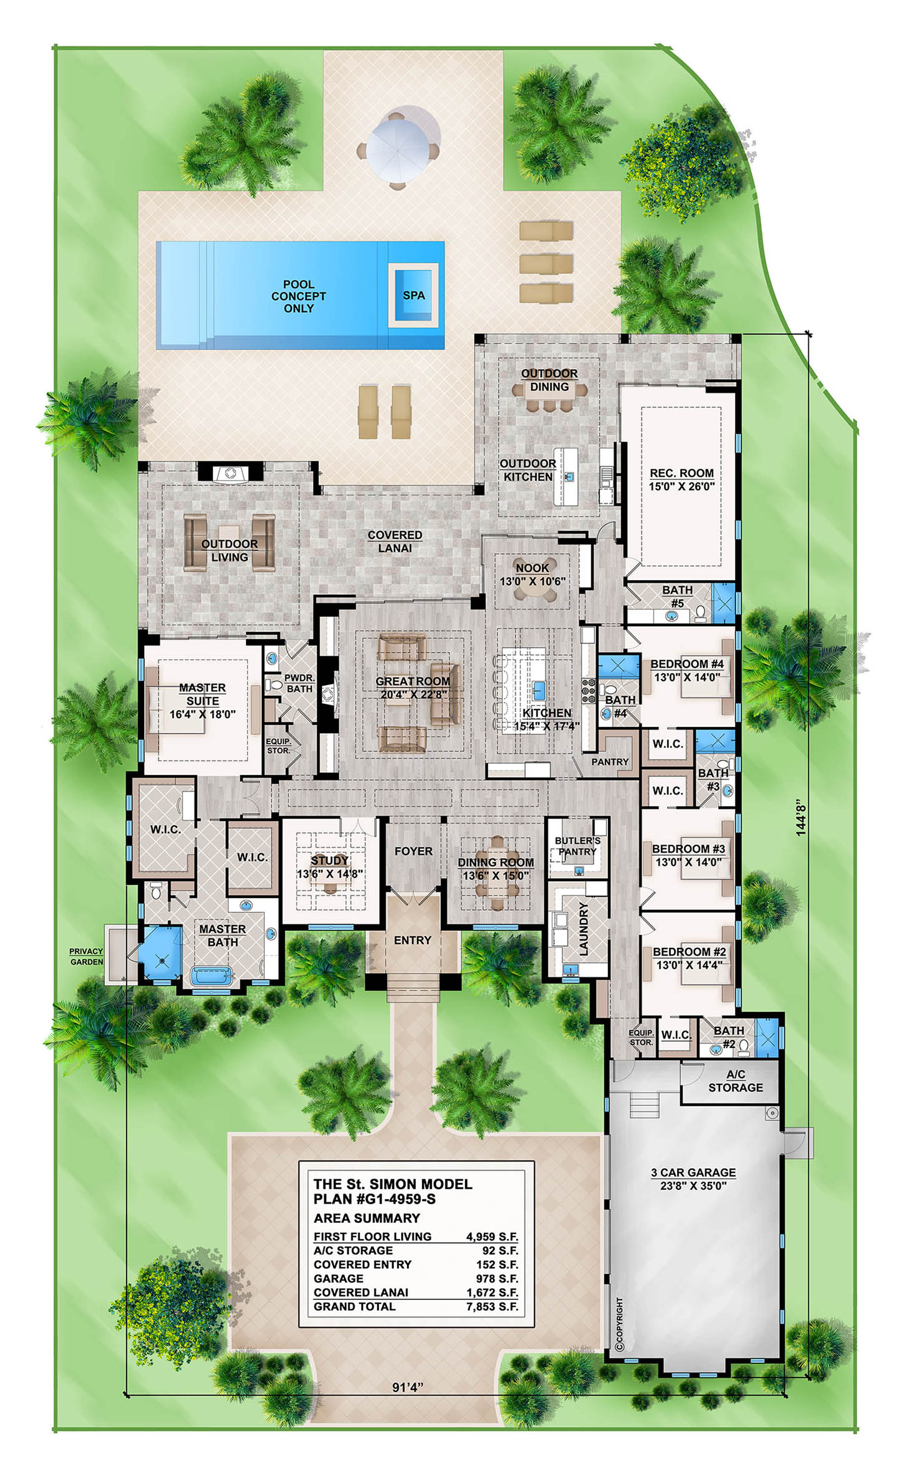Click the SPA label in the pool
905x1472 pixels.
point(414,295)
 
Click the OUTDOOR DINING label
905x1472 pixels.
point(549,380)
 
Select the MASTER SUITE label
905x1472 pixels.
point(202,694)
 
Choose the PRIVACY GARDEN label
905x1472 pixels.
point(86,956)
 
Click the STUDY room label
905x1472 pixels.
point(329,861)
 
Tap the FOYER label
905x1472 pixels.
point(413,851)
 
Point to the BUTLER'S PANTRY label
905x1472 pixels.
point(577,846)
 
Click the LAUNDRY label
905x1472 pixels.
point(584,928)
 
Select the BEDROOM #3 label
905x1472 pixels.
point(688,849)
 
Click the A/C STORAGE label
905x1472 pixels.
point(736,1081)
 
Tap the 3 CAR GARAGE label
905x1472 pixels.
point(693,1173)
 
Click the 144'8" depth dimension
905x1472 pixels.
point(801,817)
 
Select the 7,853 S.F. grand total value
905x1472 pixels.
point(492,1307)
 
